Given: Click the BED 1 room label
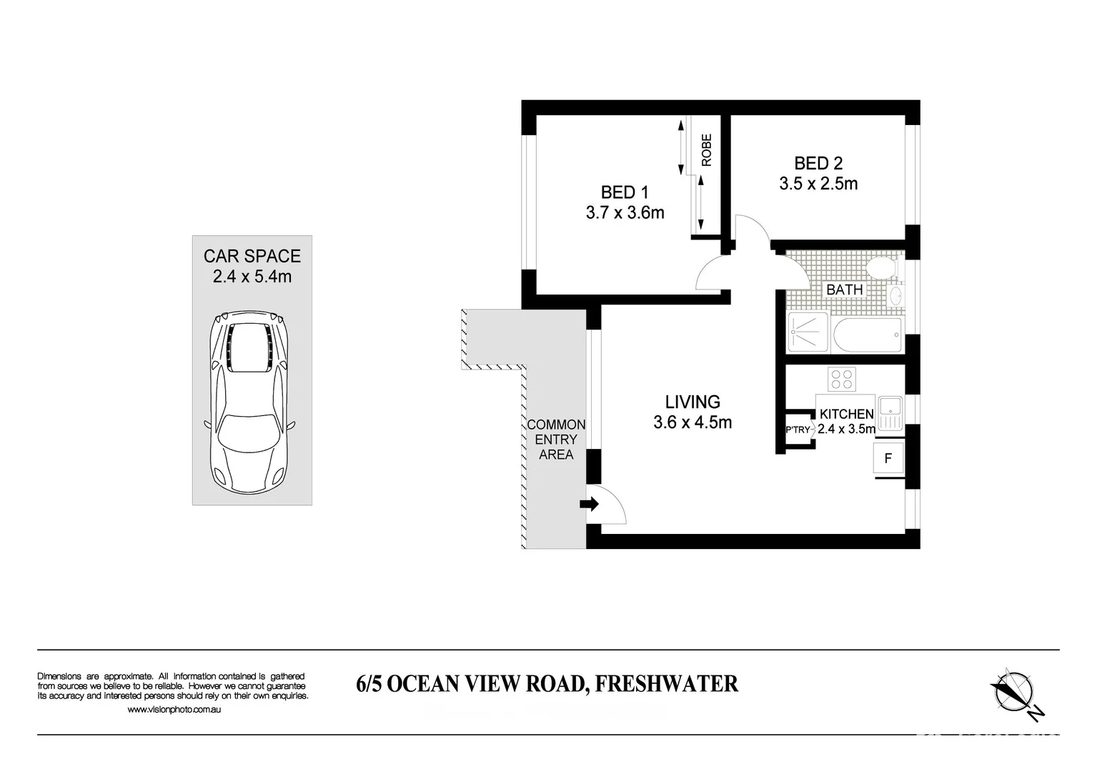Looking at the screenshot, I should point(625,192).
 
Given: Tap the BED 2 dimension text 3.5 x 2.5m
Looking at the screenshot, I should point(818,184).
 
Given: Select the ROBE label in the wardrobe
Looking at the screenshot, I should point(707,150).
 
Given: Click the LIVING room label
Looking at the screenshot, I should point(693,402).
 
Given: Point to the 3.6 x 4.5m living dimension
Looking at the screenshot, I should point(693,422).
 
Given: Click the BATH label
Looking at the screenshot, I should point(844,289).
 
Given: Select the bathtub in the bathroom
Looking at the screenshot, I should point(867,334).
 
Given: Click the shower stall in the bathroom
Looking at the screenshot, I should point(808,332).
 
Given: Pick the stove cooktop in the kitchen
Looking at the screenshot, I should point(841,379).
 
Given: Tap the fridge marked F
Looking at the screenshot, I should point(888,458).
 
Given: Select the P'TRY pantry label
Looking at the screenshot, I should point(798,430).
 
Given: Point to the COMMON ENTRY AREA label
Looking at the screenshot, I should point(556,440).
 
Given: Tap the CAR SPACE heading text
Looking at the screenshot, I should point(252,256).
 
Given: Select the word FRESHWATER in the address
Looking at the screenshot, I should point(667,684).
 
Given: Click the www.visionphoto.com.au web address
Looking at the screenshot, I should point(174,710).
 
